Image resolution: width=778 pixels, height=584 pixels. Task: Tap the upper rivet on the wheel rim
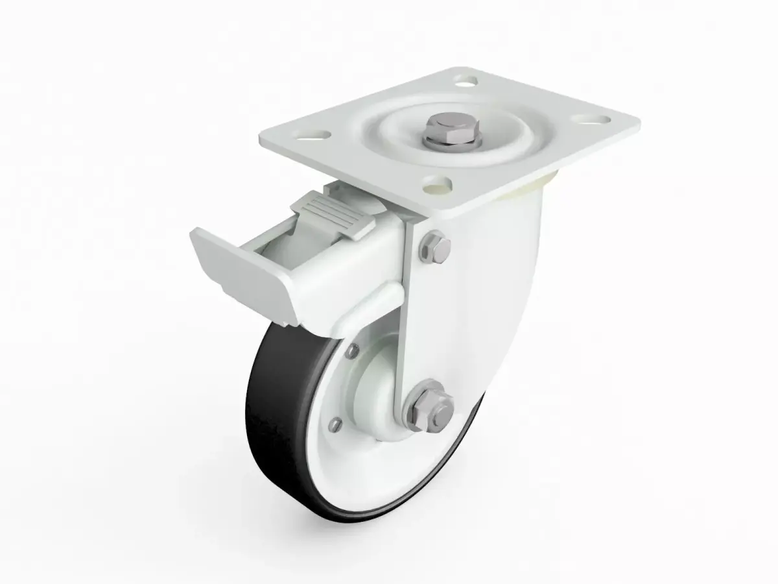pos(352,351)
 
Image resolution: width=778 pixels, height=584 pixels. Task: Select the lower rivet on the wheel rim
pos(335,425)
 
